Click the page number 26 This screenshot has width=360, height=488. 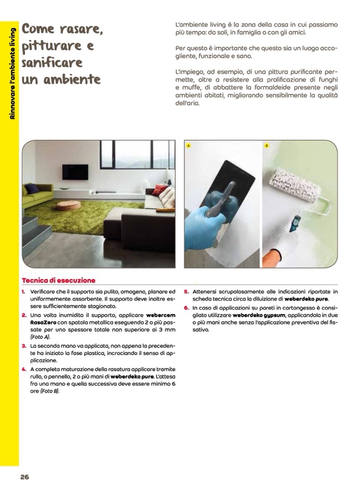point(24,476)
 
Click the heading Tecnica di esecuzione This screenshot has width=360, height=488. point(58,280)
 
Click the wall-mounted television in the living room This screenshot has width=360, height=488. point(75,171)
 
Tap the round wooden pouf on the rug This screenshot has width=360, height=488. point(68,205)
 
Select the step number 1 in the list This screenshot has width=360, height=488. point(24,292)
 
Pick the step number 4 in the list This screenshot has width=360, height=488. point(24,369)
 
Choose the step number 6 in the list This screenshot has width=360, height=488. point(187,308)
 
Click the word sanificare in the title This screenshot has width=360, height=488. point(53,63)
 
